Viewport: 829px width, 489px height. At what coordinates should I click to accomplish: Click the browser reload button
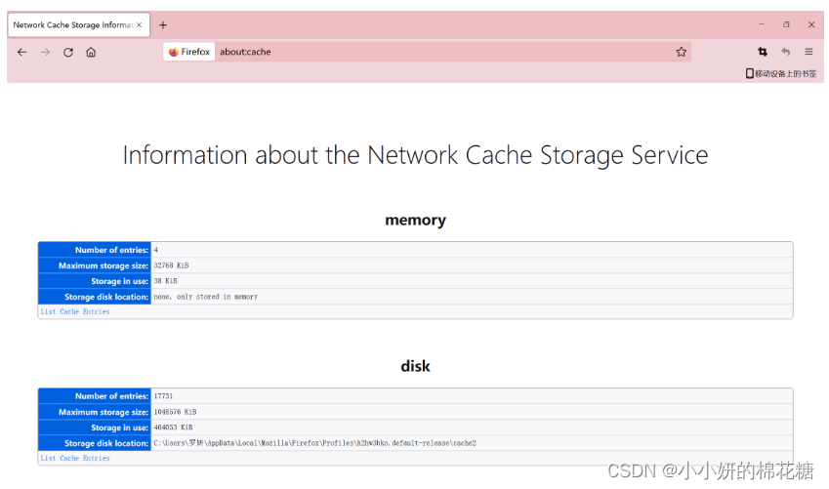pos(68,53)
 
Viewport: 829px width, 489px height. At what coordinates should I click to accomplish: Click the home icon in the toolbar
pos(91,53)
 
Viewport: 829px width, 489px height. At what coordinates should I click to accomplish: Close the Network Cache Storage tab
pos(141,25)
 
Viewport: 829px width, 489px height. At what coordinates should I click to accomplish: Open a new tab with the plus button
pos(163,25)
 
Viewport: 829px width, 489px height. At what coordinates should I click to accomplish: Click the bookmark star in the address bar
pos(682,53)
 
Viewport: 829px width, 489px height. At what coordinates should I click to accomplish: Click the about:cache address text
pos(245,53)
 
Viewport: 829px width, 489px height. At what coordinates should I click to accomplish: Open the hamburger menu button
pos(808,53)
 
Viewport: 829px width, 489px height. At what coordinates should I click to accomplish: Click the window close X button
pos(811,25)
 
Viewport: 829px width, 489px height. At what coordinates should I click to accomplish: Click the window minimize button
pos(762,25)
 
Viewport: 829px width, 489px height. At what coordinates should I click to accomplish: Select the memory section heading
pos(415,221)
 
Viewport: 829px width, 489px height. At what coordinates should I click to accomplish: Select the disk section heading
pos(415,367)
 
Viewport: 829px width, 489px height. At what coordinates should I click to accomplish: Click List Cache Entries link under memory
pos(75,312)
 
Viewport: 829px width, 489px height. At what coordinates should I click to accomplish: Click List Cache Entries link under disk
pos(75,459)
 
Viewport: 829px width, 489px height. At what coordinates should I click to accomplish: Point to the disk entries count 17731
pos(164,396)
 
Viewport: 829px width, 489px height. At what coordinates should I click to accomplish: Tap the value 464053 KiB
pos(174,428)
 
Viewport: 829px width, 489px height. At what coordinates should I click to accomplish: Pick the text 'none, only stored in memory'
pos(206,297)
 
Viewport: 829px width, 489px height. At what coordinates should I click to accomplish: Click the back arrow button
pos(21,53)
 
